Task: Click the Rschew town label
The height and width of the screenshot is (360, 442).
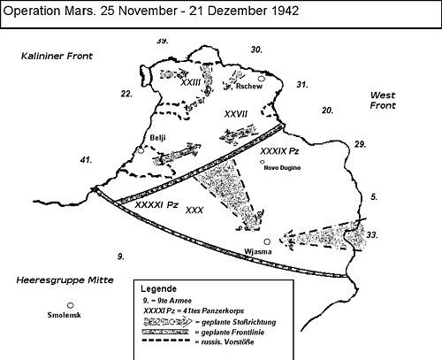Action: pos(247,88)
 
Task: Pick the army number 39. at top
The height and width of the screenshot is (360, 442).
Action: pos(162,41)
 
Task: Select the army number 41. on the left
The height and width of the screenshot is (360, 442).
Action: pos(85,160)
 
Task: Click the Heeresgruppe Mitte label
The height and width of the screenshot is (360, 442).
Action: pos(59,280)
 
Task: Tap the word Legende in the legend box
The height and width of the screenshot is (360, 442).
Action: pos(160,289)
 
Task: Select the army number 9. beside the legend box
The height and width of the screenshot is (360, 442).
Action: pos(120,255)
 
